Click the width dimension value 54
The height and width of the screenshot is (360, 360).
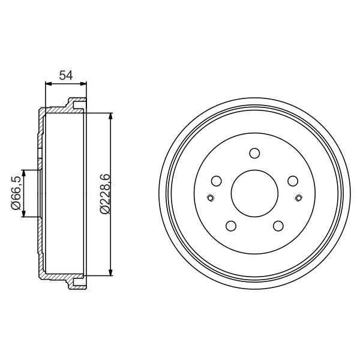pos(65,76)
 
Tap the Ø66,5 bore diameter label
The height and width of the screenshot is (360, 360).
pos(16,193)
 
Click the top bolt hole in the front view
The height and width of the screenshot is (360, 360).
pos(254,152)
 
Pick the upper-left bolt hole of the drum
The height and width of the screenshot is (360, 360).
pos(216,181)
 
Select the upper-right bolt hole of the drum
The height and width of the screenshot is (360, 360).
pos(293,181)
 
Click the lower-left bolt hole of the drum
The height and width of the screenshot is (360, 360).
pos(230,226)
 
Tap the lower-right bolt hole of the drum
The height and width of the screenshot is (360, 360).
pos(278,226)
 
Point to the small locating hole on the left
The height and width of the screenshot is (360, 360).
pos(209,199)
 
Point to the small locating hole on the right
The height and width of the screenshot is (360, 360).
pos(299,199)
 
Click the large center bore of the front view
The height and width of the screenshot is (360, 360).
pos(254,193)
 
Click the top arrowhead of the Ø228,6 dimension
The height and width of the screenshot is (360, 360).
pos(111,114)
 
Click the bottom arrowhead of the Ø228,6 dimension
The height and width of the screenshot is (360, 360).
pos(111,273)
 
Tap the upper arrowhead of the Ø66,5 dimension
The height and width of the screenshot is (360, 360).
pos(23,173)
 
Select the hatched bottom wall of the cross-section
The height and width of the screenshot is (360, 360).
pos(60,279)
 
